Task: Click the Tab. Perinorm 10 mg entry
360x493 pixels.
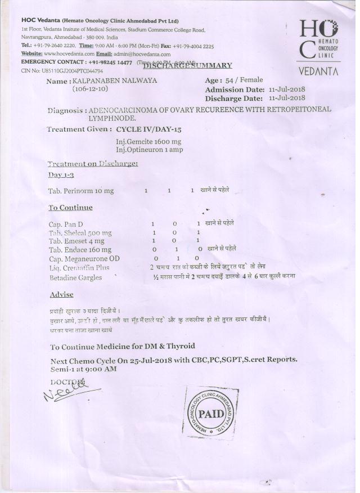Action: coord(81,191)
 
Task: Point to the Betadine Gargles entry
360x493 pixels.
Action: coord(75,277)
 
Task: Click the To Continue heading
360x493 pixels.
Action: coord(70,208)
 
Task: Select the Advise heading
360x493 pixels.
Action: coord(61,294)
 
